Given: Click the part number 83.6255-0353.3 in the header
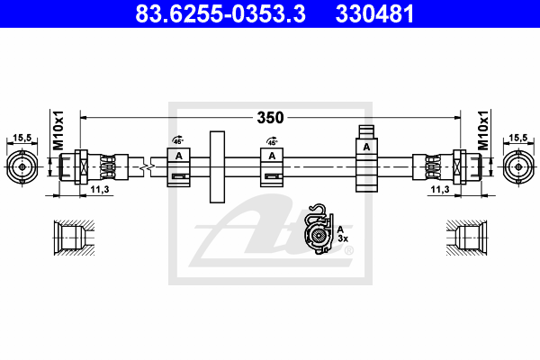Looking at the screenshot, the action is [220, 13].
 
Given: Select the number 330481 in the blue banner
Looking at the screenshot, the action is [374, 13].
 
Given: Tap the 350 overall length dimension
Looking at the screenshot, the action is [270, 118].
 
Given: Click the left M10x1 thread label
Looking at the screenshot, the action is [58, 130].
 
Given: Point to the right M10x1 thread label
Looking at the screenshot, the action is [483, 130].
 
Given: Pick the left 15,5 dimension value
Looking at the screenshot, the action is [22, 138].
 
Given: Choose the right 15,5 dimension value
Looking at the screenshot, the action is [518, 138].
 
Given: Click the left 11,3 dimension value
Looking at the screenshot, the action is [100, 189].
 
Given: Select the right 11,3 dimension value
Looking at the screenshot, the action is [440, 189].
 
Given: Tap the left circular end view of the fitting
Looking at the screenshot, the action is [22, 167].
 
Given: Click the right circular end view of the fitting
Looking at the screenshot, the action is [518, 167].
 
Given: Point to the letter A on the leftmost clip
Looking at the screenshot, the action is [179, 156].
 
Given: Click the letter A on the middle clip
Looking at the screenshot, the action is [272, 156].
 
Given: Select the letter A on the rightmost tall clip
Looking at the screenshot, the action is [366, 147].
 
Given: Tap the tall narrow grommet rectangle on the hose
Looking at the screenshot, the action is [217, 166].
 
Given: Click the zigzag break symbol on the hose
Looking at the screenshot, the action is [147, 167].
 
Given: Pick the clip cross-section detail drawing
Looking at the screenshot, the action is [319, 229].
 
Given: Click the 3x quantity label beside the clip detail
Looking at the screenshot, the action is [343, 238].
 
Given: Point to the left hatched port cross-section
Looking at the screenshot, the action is [74, 238].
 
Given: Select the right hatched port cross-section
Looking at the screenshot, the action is [466, 238].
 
